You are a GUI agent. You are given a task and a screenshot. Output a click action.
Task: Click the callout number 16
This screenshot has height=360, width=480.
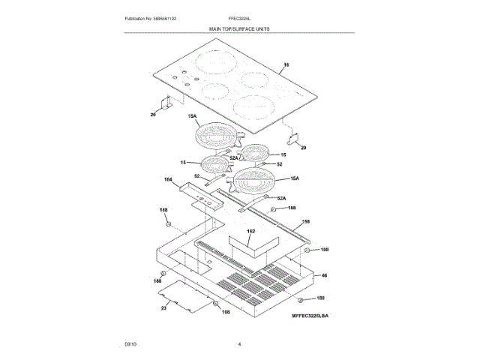click(284, 66)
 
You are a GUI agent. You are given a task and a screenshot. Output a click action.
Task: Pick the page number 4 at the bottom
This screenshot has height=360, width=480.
click(239, 343)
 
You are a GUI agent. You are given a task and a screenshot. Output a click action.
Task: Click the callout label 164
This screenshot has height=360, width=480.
click(168, 180)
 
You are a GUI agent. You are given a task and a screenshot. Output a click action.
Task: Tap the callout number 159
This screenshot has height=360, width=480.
click(306, 222)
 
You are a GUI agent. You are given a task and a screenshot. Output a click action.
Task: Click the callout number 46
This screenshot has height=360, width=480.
click(325, 276)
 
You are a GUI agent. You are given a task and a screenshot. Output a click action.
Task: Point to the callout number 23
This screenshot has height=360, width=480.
click(163, 307)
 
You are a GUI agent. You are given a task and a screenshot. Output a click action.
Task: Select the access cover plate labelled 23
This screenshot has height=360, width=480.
click(183, 293)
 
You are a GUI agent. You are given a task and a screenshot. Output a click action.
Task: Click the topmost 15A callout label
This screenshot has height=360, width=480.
click(192, 116)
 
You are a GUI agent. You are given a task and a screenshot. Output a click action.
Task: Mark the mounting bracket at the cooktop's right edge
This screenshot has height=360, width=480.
click(295, 138)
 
